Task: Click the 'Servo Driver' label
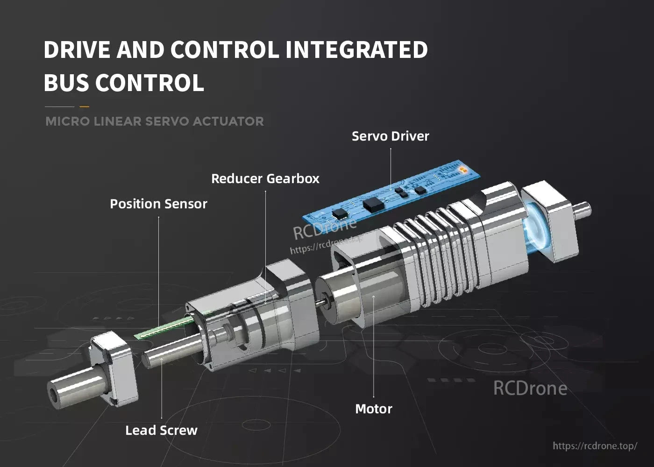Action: pos(390,136)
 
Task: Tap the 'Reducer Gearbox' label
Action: pos(265,179)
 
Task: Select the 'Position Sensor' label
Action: pos(158,204)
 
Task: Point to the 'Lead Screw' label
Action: pos(161,431)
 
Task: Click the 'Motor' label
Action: pos(373,409)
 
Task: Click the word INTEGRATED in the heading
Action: pos(356,50)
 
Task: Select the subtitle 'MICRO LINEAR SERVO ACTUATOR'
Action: pos(155,121)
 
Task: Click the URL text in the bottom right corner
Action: pos(595,446)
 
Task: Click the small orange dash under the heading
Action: pos(84,106)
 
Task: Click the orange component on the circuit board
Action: pos(462,169)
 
